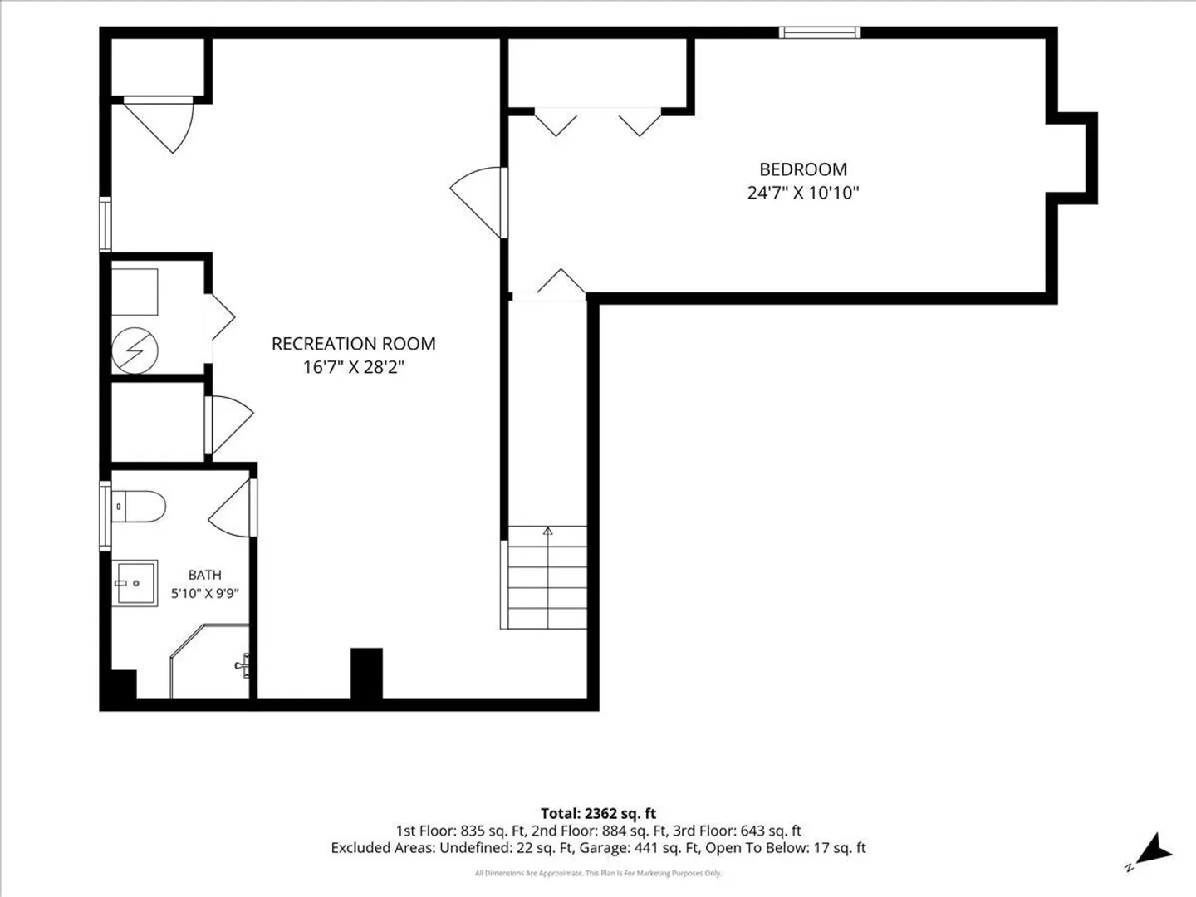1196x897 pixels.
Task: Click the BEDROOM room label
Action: (803, 169)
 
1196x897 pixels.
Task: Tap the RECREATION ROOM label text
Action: (354, 344)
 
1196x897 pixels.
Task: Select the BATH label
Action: (205, 575)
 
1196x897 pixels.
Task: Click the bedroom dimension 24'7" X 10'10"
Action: (803, 193)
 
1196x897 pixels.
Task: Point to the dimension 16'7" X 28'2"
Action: (354, 367)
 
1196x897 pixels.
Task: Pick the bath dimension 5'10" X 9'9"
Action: (205, 593)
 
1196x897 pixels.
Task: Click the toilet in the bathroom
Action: (139, 507)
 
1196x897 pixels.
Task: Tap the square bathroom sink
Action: (135, 583)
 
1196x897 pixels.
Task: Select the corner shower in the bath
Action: (210, 661)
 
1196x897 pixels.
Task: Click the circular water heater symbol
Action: (135, 350)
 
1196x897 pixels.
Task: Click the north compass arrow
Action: (1155, 850)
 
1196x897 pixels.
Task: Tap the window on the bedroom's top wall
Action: (820, 32)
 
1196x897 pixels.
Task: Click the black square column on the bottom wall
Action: (366, 674)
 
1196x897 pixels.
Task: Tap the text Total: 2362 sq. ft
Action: (598, 813)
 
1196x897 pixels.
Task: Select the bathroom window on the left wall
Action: (105, 516)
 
